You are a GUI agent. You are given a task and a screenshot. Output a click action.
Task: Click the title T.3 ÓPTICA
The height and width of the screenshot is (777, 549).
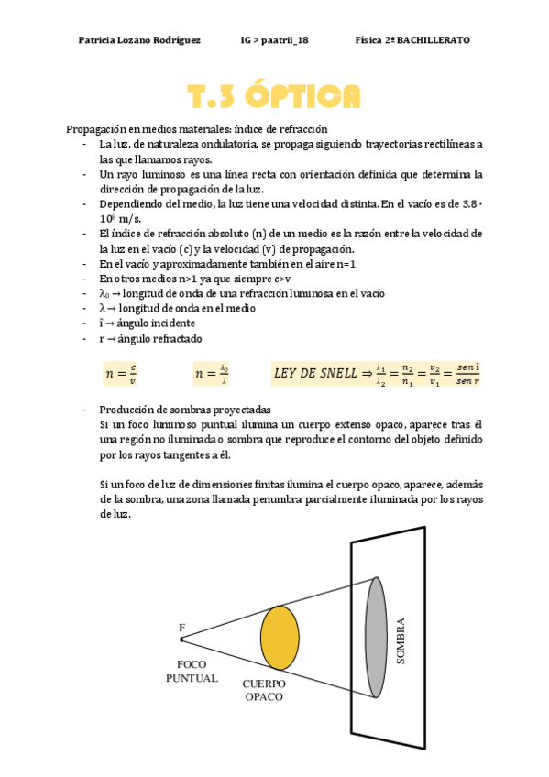[x=273, y=96]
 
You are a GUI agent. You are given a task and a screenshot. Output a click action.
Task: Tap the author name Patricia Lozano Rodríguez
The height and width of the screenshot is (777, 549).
[x=139, y=40]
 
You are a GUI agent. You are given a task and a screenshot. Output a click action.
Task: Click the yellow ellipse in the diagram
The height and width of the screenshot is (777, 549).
[x=280, y=637]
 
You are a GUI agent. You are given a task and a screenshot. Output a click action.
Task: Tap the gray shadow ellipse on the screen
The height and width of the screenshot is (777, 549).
[x=375, y=638]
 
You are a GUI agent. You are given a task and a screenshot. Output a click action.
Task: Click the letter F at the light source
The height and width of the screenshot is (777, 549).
[x=181, y=628]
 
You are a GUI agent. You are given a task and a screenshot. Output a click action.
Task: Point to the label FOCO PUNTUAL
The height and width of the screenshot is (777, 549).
[x=192, y=671]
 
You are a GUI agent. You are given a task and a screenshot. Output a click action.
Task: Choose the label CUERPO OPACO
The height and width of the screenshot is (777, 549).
[x=264, y=690]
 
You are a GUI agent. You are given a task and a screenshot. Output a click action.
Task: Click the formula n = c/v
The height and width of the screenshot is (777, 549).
[x=121, y=373]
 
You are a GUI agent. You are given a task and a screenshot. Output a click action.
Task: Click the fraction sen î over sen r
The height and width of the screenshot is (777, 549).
[x=467, y=373]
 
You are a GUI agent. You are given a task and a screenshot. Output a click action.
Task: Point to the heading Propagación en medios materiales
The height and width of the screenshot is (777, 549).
[x=197, y=129]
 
